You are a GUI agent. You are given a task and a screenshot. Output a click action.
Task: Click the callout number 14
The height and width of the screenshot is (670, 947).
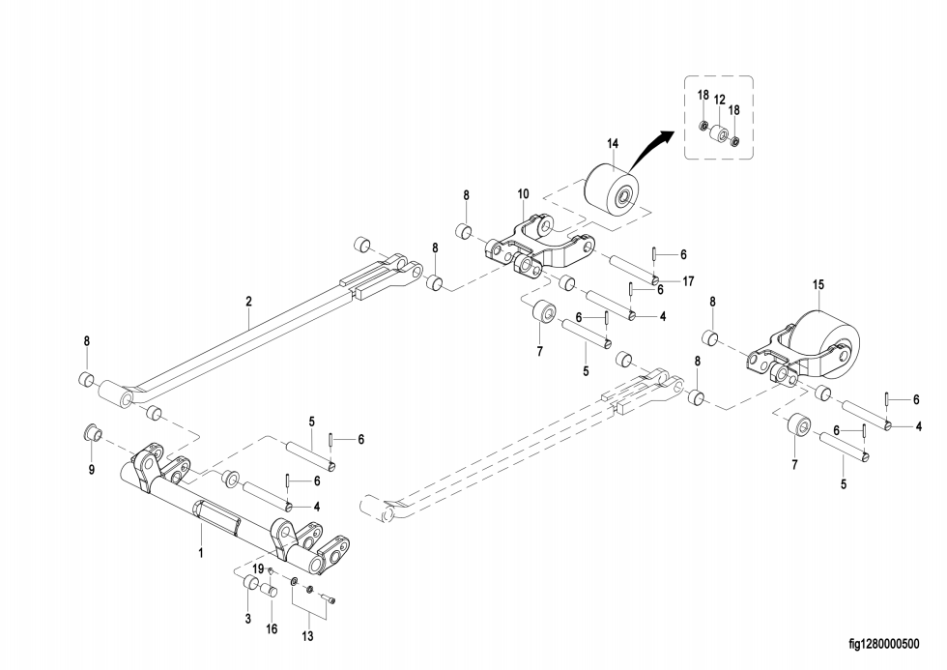[613, 144]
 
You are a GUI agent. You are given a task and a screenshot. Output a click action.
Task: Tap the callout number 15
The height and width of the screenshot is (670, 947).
[818, 284]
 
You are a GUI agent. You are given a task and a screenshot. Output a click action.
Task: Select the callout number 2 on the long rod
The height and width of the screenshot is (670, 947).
[249, 302]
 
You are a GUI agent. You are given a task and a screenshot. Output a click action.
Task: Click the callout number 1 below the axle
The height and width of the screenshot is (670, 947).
[201, 552]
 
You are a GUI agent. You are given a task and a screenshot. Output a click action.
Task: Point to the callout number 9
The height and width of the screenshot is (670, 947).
[92, 469]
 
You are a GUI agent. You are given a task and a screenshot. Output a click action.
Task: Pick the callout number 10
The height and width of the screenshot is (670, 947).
[523, 194]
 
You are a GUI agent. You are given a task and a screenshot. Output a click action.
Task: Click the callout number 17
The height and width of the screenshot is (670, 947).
[688, 281]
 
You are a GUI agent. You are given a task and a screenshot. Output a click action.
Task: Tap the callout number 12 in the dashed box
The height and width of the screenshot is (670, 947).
[719, 100]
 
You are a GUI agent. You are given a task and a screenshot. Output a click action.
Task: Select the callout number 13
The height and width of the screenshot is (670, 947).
[307, 636]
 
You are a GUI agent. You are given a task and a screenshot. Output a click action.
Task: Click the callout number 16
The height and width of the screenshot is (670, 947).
[272, 629]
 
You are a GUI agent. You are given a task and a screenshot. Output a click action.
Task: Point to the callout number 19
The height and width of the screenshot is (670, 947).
[258, 568]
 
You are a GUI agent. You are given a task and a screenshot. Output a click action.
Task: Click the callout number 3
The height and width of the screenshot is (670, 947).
[247, 619]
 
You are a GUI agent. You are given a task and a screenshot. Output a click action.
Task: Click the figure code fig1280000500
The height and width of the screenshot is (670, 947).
[884, 644]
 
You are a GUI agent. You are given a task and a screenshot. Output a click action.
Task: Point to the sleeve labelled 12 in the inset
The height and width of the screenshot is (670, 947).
[719, 133]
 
